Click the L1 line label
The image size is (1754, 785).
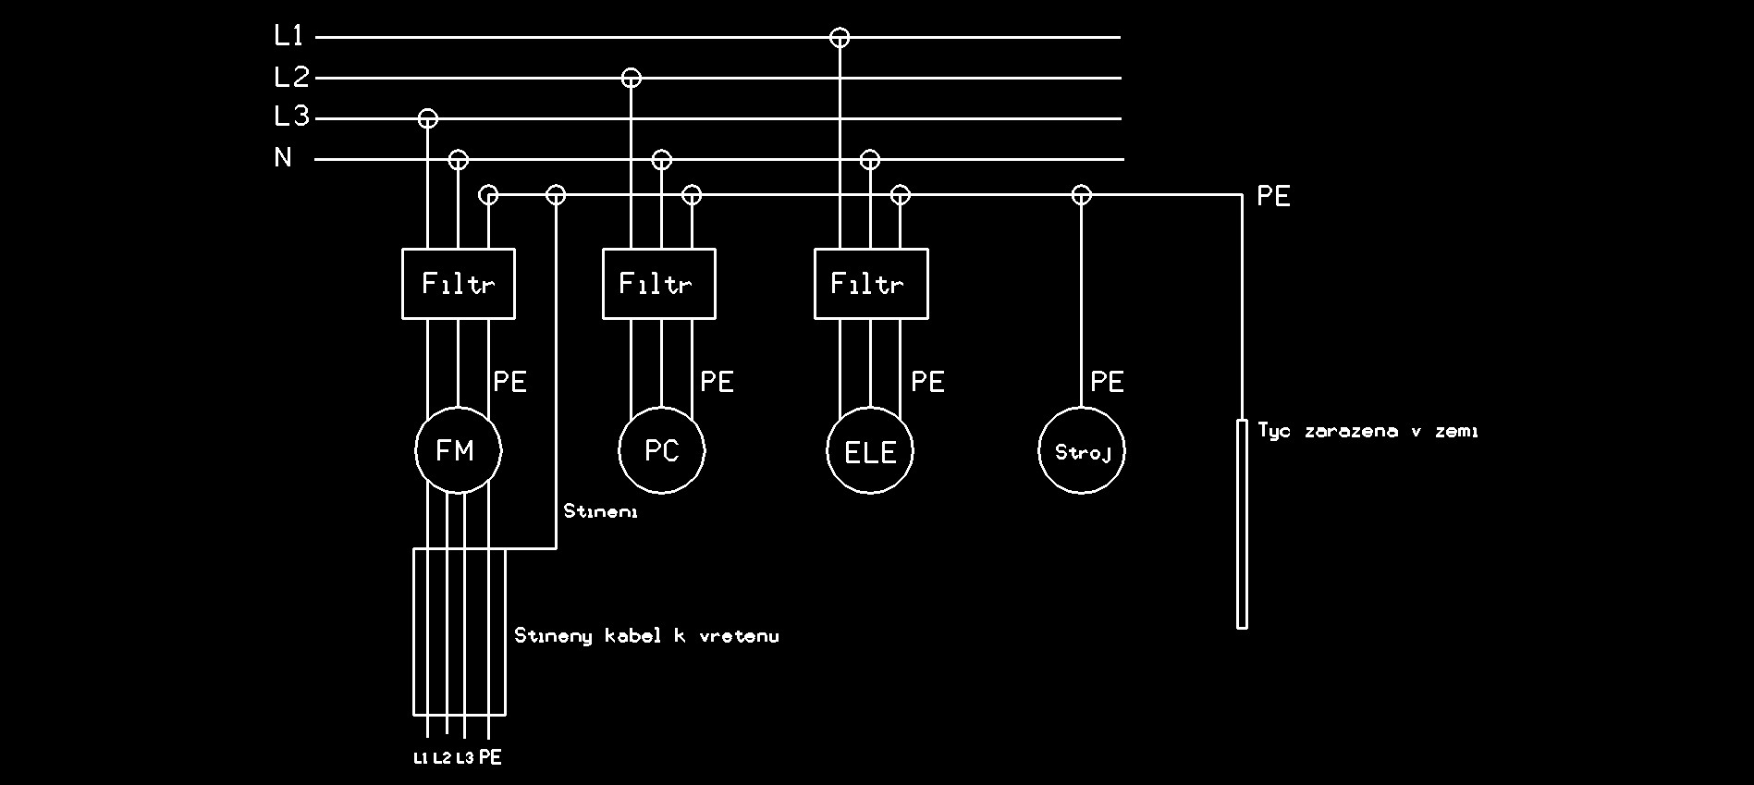[x=288, y=36]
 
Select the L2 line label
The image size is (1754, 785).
[x=291, y=77]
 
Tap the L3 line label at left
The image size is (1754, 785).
[x=291, y=117]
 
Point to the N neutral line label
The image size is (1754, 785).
[x=283, y=158]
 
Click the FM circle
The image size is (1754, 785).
[x=458, y=451]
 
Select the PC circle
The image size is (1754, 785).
[x=661, y=451]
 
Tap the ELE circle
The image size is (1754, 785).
[x=870, y=451]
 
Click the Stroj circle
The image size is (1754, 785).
[x=1082, y=451]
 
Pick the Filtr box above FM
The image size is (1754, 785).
[x=458, y=284]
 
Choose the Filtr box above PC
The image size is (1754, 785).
[x=658, y=284]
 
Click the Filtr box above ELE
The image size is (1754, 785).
[x=871, y=284]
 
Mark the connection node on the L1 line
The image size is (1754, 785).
[x=840, y=38]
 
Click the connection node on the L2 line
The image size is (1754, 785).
[x=631, y=78]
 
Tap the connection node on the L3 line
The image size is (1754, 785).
[x=427, y=118]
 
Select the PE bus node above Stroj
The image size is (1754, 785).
[x=1082, y=195]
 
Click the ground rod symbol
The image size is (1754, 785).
[x=1242, y=524]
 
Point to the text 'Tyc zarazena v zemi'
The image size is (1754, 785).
[x=1368, y=431]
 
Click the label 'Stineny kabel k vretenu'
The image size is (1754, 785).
[x=646, y=635]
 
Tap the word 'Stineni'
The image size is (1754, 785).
[x=601, y=510]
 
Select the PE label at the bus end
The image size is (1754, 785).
[x=1273, y=196]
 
